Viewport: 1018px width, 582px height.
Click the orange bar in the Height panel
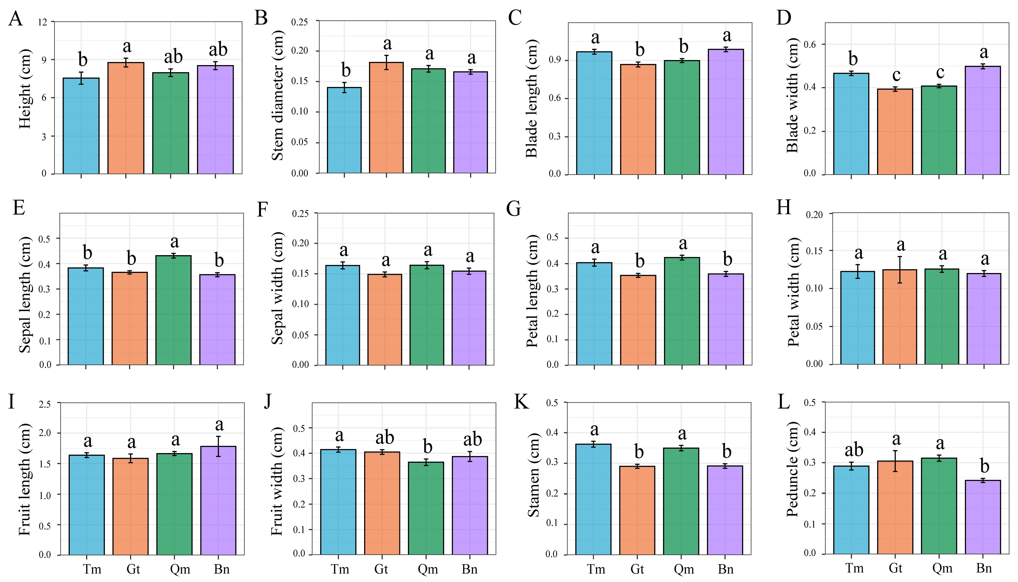pos(126,118)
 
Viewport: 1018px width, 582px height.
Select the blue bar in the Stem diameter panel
pos(344,130)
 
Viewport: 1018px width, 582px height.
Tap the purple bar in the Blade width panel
pos(983,120)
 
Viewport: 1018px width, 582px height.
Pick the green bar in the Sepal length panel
pos(174,310)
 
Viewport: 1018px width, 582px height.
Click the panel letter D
pos(784,18)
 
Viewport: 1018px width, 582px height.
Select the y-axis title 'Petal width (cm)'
pos(793,292)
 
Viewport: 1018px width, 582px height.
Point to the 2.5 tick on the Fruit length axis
pos(45,404)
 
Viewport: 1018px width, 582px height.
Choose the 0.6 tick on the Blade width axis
pos(810,44)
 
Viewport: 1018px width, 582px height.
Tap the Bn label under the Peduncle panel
pos(984,568)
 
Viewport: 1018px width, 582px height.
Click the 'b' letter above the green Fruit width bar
pos(428,447)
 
